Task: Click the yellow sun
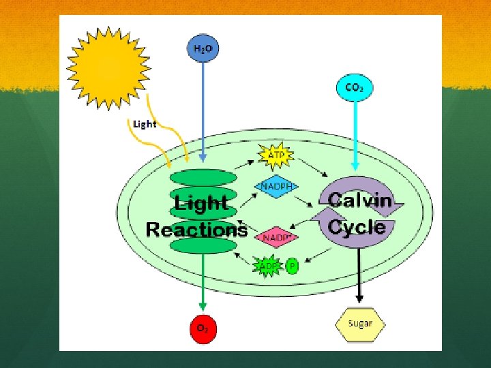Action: click(x=107, y=67)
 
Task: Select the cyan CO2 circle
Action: click(x=354, y=87)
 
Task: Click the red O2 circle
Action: click(x=203, y=328)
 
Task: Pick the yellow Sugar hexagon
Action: click(x=359, y=323)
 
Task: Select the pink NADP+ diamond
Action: click(x=277, y=236)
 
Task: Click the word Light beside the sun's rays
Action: click(x=145, y=124)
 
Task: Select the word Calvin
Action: click(x=359, y=200)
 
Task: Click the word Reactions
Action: click(x=196, y=230)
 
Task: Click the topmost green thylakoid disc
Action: click(x=203, y=177)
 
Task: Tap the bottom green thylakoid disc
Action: click(x=203, y=245)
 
